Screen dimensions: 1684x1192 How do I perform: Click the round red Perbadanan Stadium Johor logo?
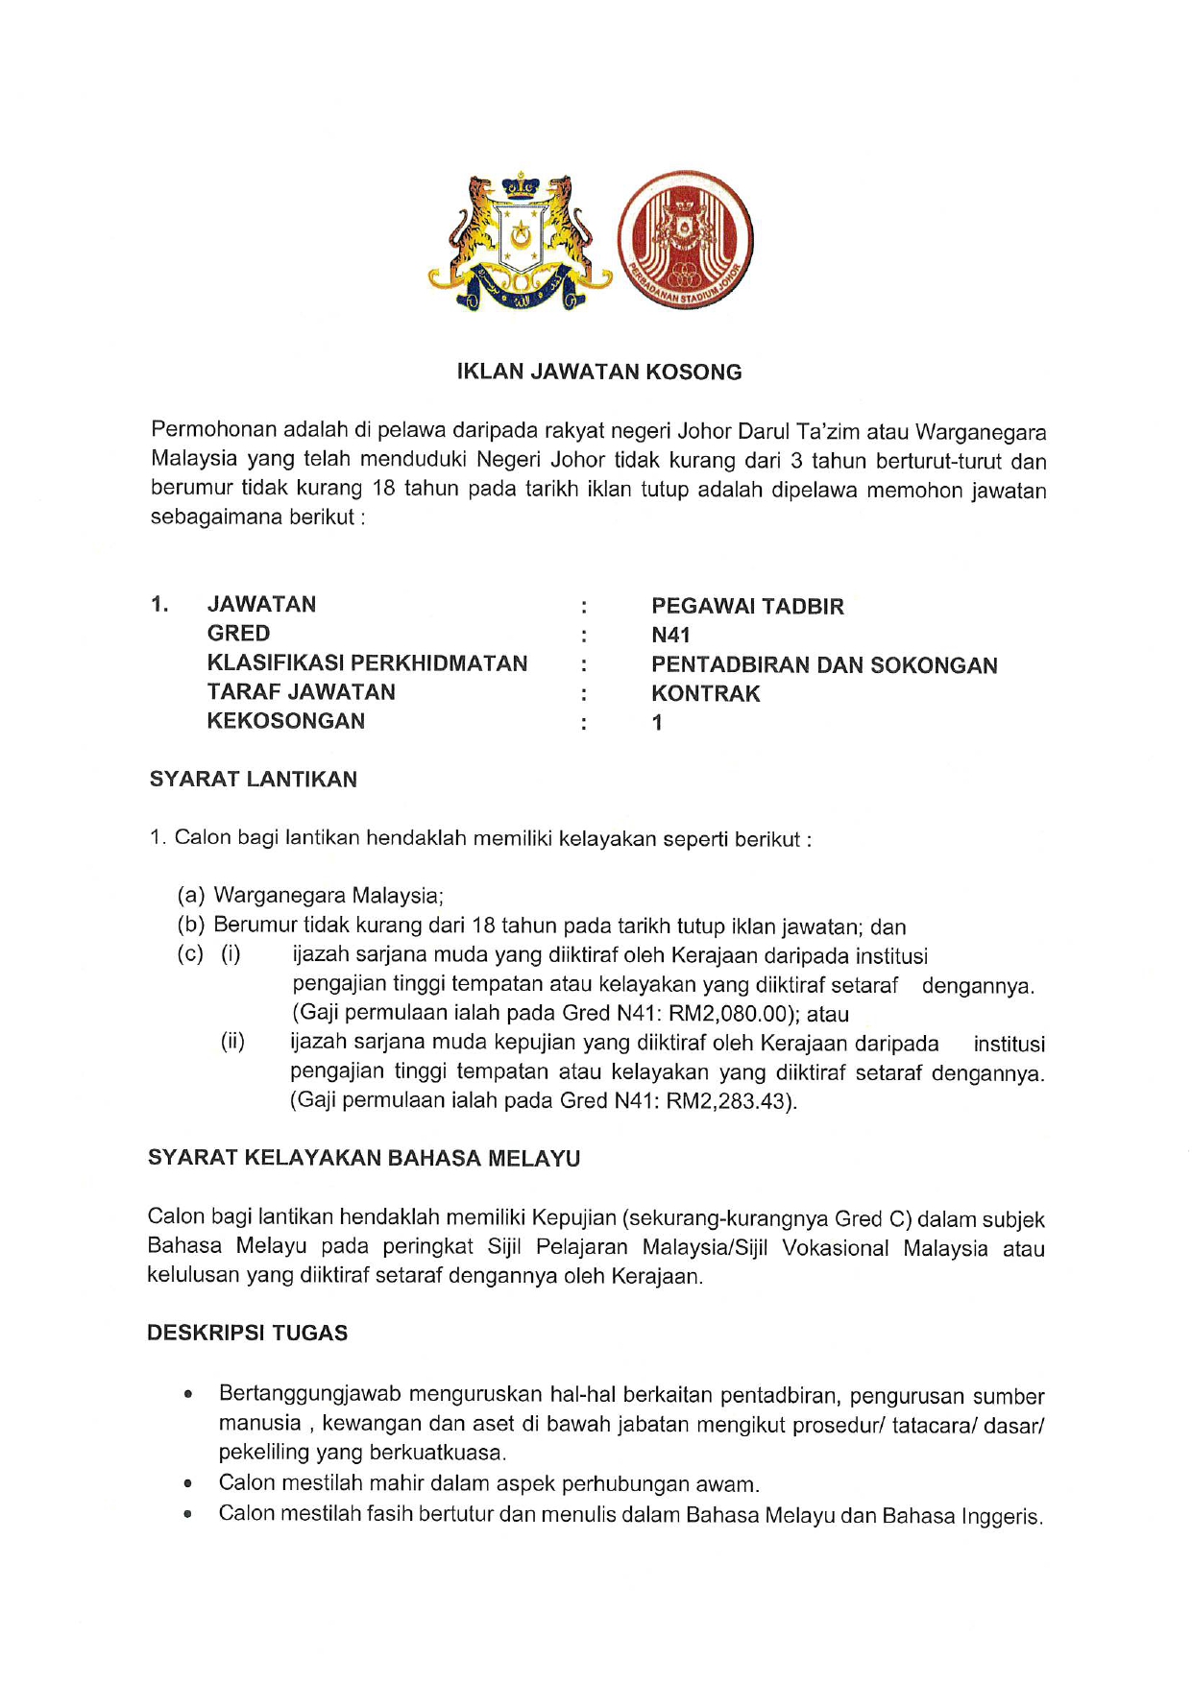pos(685,240)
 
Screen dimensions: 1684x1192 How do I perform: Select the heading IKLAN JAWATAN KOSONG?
pos(599,373)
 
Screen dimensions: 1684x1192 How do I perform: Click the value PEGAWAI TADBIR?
pos(747,607)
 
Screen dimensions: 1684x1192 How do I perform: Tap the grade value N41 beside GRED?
pos(670,636)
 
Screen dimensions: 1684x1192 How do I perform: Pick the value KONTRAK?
pos(705,694)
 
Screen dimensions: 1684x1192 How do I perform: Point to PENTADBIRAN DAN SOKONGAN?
pos(824,665)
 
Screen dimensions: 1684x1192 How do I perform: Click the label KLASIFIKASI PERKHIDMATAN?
pos(367,663)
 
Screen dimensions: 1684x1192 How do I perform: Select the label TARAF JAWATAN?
pos(301,692)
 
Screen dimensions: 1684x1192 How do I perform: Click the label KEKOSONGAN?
pos(285,721)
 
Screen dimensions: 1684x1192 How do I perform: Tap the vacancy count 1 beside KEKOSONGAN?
pos(657,723)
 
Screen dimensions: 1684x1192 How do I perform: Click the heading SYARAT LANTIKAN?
pos(253,780)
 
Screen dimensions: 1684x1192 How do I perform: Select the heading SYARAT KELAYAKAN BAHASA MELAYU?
pos(364,1159)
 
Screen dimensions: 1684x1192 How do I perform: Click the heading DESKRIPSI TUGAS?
pos(247,1334)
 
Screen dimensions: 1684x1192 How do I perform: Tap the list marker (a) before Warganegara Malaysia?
pos(191,896)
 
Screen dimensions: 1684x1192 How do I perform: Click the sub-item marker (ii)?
pos(232,1042)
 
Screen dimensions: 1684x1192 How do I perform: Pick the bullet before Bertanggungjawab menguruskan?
pos(188,1394)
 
